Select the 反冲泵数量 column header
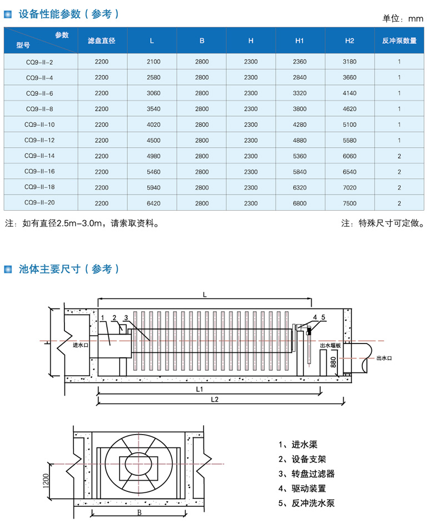click(399, 41)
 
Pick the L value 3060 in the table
click(153, 93)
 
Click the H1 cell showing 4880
click(300, 140)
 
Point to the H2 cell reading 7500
click(349, 203)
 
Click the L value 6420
click(153, 203)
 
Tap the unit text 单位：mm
click(403, 18)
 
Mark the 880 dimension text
click(334, 362)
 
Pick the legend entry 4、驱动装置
click(306, 489)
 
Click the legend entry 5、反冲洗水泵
click(310, 504)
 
